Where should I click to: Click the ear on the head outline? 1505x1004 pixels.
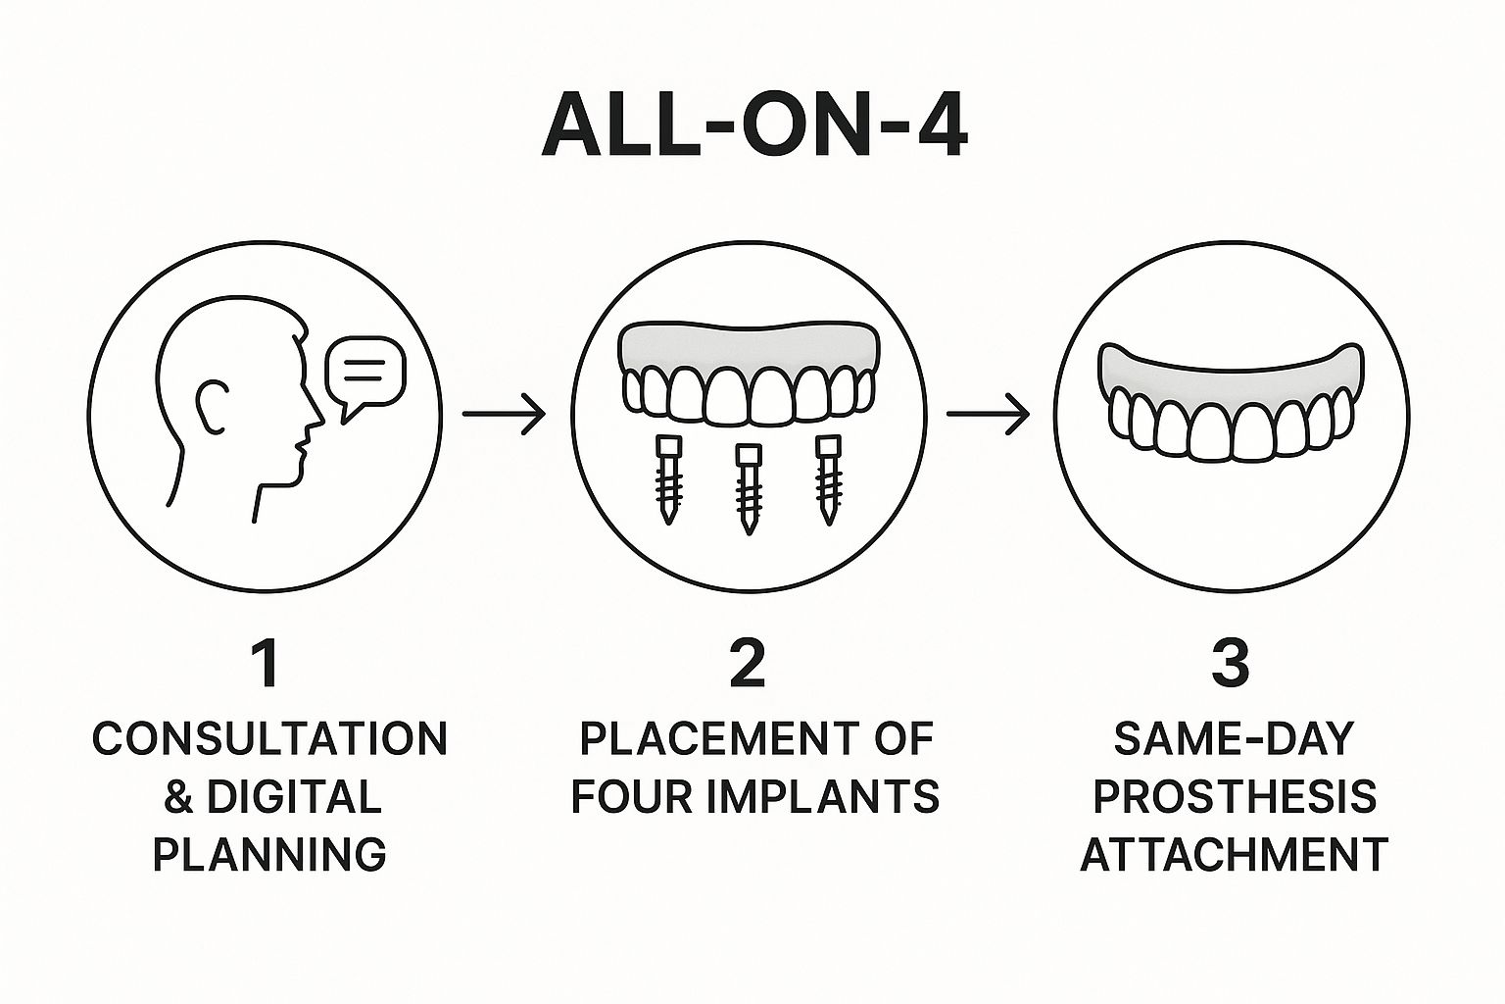[212, 408]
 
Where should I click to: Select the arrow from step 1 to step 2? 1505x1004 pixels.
[504, 414]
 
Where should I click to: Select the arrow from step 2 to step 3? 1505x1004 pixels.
[989, 414]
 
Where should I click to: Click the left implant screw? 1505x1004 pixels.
[668, 478]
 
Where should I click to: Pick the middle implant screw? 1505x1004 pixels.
[748, 488]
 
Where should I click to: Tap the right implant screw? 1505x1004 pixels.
[828, 478]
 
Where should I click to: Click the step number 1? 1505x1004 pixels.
[267, 665]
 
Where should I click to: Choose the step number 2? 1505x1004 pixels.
[749, 665]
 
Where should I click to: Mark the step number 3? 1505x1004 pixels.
[1231, 665]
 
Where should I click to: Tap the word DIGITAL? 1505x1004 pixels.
[294, 797]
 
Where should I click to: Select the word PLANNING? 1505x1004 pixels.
[270, 854]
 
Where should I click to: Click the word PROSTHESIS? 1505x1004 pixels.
[1235, 797]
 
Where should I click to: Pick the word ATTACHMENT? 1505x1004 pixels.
[1235, 854]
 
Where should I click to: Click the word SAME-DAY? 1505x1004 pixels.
[1235, 739]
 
